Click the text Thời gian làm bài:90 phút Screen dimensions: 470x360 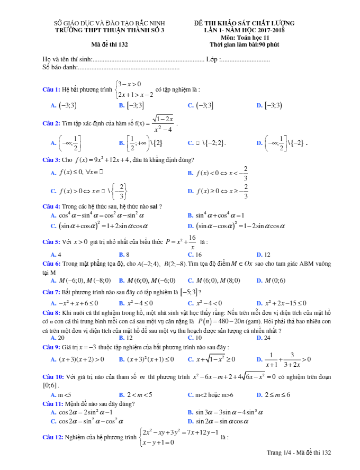[245, 44]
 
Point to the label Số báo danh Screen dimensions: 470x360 [59, 67]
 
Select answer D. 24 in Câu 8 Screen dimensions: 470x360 [263, 337]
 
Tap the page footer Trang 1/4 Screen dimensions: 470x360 [299, 453]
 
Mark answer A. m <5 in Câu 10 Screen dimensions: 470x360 [60, 394]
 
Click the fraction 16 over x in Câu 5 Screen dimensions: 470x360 [192, 242]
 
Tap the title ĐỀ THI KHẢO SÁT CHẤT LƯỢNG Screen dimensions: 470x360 [244, 23]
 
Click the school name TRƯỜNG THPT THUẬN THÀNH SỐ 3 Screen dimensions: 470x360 [110, 30]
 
